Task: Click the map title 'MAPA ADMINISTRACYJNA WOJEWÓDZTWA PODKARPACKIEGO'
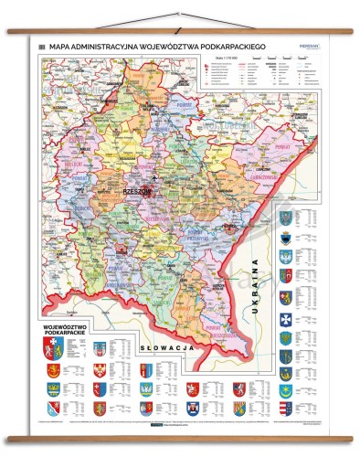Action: tap(152, 48)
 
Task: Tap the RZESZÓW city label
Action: tap(137, 190)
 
